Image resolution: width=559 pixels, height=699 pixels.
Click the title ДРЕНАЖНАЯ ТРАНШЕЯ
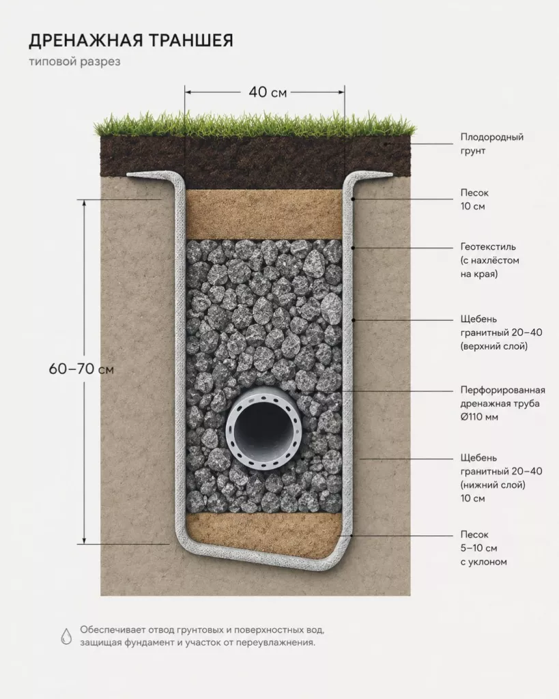coord(131,40)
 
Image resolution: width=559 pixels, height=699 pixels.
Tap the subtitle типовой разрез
coord(75,61)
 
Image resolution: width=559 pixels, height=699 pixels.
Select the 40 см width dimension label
coord(268,92)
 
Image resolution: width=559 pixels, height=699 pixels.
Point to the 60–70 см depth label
coord(81,369)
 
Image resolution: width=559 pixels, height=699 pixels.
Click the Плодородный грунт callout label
coord(491,143)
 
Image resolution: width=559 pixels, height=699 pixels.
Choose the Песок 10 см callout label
coord(474,199)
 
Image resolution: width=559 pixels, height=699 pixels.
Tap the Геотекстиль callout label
coord(489,260)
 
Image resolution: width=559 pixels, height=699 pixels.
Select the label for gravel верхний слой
coord(501,332)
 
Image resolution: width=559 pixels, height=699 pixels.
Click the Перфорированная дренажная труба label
coord(502,403)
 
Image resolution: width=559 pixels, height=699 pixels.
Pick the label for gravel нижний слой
coord(501,478)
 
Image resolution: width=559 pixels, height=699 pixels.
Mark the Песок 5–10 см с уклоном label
coord(483,548)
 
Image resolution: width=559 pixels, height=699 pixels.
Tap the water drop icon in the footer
coord(66,636)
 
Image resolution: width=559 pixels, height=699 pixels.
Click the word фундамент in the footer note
coord(149,643)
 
